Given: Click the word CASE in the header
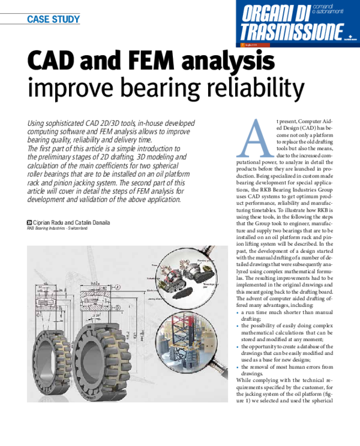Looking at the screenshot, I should tap(37, 19).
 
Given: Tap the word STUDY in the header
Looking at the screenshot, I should tap(64, 19).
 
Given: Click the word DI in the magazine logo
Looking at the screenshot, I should tap(316, 13).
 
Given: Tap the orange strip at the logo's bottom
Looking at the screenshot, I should tap(253, 45).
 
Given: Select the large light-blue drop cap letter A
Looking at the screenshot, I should tap(255, 138).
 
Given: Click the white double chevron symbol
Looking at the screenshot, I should tap(29, 222).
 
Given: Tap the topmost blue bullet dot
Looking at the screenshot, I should tap(238, 313).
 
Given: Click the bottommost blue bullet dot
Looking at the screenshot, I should tap(238, 367).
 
